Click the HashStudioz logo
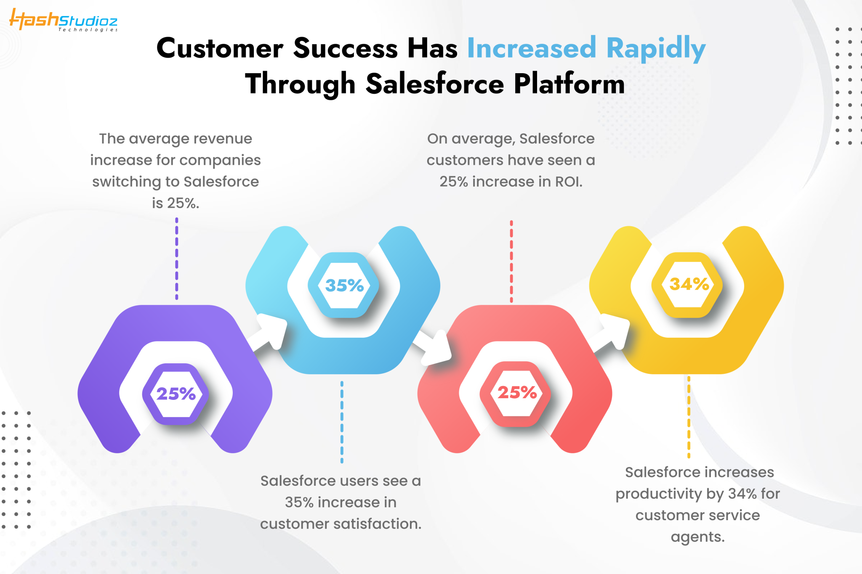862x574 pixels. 63,20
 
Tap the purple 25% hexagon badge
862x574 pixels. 176,394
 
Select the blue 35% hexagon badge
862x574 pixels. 344,286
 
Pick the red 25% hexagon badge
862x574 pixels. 516,393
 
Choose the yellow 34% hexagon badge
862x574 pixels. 688,284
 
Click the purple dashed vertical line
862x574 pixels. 177,259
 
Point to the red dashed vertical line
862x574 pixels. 511,261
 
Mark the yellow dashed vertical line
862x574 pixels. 689,417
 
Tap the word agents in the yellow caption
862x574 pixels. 697,537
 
